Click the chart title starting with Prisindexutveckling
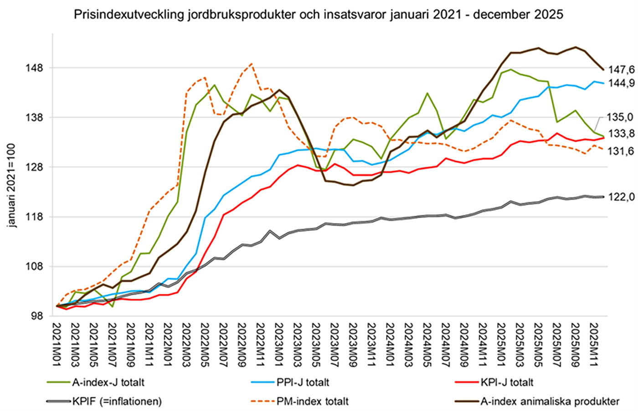319,15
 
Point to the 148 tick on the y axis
36,68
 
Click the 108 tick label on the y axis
36,266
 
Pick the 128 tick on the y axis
36,167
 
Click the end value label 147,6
620,70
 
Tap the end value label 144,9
620,83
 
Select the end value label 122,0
620,197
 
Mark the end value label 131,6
620,151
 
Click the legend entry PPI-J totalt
303,382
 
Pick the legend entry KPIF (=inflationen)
116,401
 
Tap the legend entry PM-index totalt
312,401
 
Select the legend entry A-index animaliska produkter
550,401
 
